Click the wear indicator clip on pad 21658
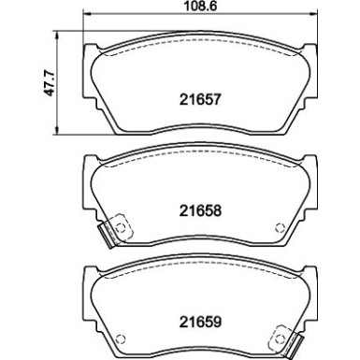115,228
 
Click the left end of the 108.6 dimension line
85,17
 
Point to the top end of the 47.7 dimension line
60,41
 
